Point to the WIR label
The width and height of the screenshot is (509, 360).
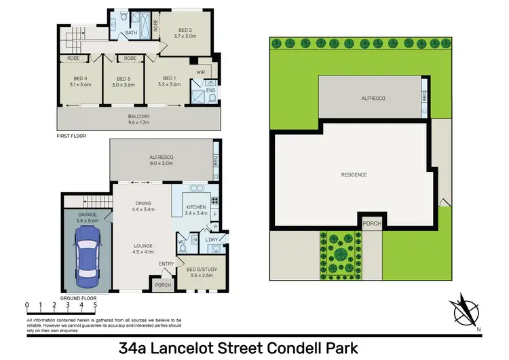point(201,71)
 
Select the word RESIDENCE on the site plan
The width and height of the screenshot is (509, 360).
point(353,175)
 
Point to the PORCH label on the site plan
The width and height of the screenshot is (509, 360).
point(371,223)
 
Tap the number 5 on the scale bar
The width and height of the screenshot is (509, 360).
point(95,304)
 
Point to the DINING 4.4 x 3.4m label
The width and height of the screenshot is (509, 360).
point(143,206)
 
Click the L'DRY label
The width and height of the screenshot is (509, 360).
point(211,240)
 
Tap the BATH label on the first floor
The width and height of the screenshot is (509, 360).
point(131,32)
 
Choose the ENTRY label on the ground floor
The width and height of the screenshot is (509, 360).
point(166,264)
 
